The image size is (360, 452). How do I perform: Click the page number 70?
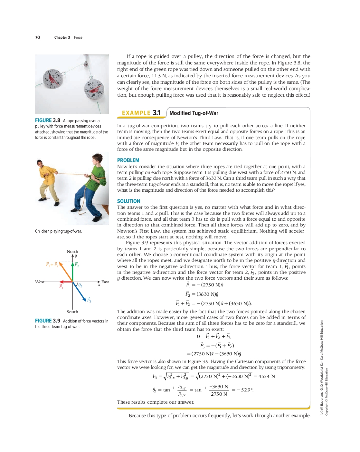point(37,37)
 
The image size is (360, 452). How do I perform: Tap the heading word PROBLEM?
point(128,160)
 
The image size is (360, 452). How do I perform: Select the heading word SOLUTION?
point(128,201)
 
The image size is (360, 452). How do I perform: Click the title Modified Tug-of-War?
point(194,113)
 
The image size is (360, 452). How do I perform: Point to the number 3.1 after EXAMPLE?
point(156,113)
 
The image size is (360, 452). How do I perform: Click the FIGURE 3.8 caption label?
point(48,120)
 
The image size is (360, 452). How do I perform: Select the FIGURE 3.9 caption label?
point(48,321)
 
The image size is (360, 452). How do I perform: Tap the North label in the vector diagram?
point(72,251)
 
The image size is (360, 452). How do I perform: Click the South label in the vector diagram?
point(72,312)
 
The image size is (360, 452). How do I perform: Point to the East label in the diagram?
point(105,282)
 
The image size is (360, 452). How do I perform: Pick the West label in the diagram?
point(40,282)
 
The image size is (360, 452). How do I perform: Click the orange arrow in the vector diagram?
point(66,272)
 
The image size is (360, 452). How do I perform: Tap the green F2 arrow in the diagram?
point(73,272)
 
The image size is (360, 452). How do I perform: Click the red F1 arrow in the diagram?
point(66,282)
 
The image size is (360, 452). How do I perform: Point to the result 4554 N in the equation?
point(266,376)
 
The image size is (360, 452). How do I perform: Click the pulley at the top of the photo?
point(86,63)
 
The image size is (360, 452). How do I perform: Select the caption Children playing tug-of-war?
point(58,231)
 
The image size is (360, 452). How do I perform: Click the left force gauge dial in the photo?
point(52,79)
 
